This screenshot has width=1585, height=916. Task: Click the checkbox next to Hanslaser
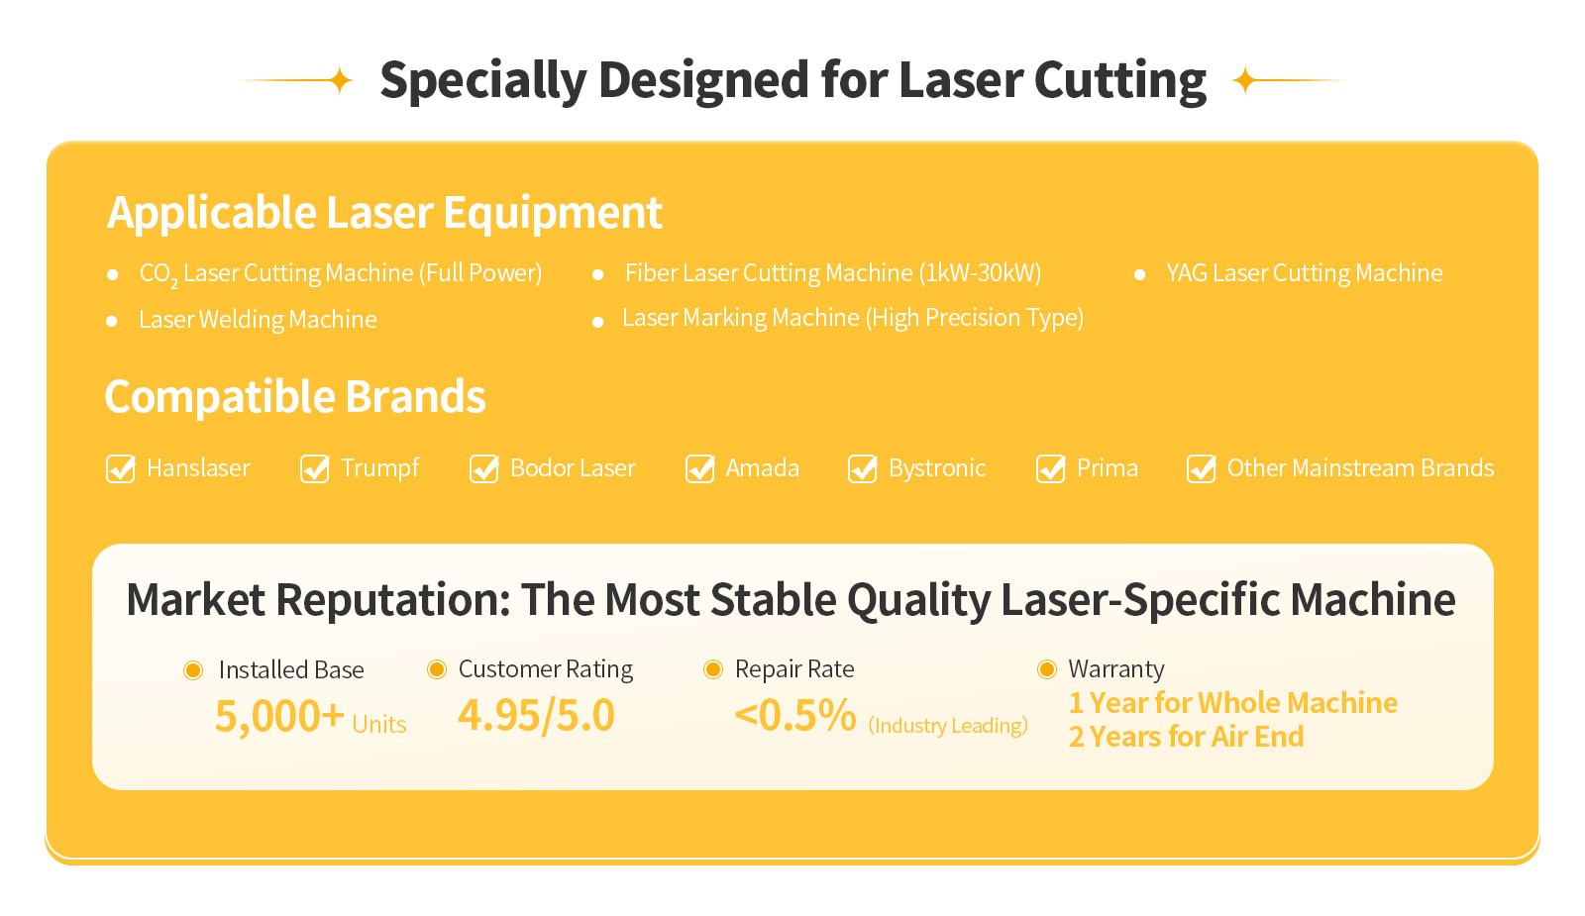point(120,468)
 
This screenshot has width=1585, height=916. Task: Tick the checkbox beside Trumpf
point(314,468)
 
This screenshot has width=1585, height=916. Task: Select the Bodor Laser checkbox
point(484,468)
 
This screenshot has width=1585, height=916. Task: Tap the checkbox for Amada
point(699,468)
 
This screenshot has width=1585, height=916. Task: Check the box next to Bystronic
point(863,468)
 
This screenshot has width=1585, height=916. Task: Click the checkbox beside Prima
point(1051,468)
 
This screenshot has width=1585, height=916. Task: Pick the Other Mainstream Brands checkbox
point(1202,468)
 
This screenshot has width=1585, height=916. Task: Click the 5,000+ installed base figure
point(279,716)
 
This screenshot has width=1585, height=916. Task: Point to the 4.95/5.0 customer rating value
point(536,714)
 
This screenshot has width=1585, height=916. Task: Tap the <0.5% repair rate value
point(795,714)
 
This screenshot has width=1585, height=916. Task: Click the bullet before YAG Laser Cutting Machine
point(1139,274)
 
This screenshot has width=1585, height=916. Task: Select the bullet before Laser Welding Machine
point(111,321)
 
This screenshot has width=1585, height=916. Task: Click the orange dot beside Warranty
point(1046,669)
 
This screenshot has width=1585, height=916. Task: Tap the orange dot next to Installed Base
point(193,669)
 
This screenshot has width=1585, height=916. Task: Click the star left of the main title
point(341,80)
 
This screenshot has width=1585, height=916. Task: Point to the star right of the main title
point(1244,80)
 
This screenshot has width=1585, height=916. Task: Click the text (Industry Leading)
point(948,726)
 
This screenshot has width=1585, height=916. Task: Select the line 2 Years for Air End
point(1186,737)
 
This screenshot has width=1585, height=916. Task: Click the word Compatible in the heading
point(219,397)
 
